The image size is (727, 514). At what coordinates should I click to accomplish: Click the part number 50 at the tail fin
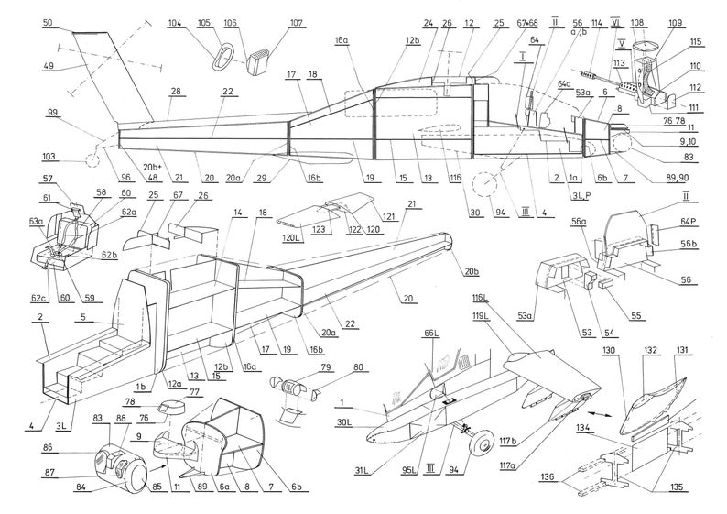48,20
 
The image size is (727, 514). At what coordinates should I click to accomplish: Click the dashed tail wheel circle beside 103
92,161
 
